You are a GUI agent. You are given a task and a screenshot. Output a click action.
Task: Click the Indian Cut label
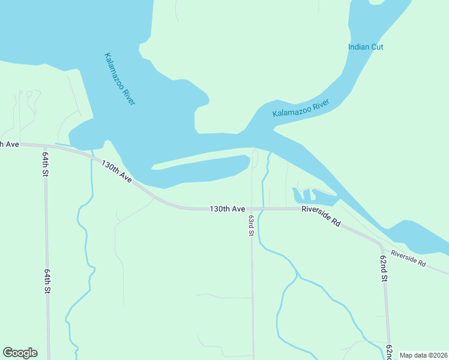pos(366,47)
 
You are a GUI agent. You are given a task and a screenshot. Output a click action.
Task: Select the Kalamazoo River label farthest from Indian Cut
pos(120,79)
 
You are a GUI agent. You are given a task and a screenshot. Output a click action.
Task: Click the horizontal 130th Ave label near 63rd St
pos(227,209)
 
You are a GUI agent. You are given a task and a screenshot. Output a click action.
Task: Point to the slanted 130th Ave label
pos(116,170)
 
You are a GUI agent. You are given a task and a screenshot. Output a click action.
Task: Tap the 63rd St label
pos(252,225)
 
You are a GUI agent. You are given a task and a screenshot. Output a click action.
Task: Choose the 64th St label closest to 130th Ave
pos(45,163)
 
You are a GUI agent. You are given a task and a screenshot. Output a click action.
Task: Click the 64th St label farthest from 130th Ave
pos(46,280)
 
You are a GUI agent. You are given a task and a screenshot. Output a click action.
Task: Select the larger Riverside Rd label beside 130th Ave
pos(321,215)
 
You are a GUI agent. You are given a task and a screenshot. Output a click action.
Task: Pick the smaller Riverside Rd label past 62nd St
pos(408,259)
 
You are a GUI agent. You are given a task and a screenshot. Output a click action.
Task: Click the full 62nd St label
pos(383,268)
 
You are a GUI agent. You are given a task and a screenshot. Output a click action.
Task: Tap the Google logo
pos(20,353)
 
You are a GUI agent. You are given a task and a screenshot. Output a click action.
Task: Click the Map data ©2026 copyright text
pos(423,355)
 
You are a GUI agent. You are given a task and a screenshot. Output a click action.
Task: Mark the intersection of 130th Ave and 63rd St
pos(252,209)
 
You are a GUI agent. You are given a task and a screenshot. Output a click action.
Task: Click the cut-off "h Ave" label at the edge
pos(10,144)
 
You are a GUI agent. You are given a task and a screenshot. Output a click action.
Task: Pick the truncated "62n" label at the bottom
pos(390,351)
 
